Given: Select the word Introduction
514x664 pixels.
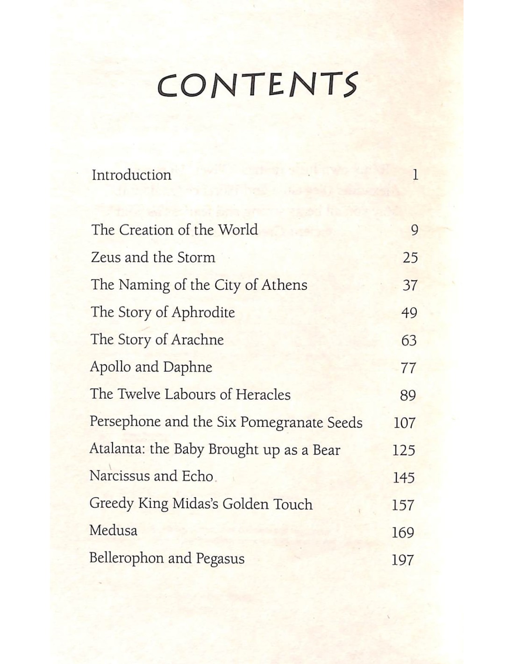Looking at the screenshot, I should (x=131, y=175).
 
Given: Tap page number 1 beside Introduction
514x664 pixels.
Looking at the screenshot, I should (x=415, y=175).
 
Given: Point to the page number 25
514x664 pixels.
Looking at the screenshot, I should (x=410, y=258).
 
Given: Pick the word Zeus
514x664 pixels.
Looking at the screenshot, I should (x=105, y=257).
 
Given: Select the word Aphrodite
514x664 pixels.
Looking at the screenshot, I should (x=203, y=312).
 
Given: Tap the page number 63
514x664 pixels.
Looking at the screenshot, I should (x=409, y=340).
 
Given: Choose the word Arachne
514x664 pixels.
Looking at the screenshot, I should (x=198, y=339).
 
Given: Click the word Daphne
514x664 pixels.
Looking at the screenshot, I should (x=187, y=367).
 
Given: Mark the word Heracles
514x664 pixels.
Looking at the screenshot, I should (x=263, y=395).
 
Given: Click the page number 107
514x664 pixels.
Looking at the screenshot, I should (x=404, y=423).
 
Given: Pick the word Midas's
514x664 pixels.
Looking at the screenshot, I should (x=195, y=504).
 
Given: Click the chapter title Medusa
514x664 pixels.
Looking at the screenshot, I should (x=113, y=530).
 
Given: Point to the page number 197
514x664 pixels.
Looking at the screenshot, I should (x=403, y=560).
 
